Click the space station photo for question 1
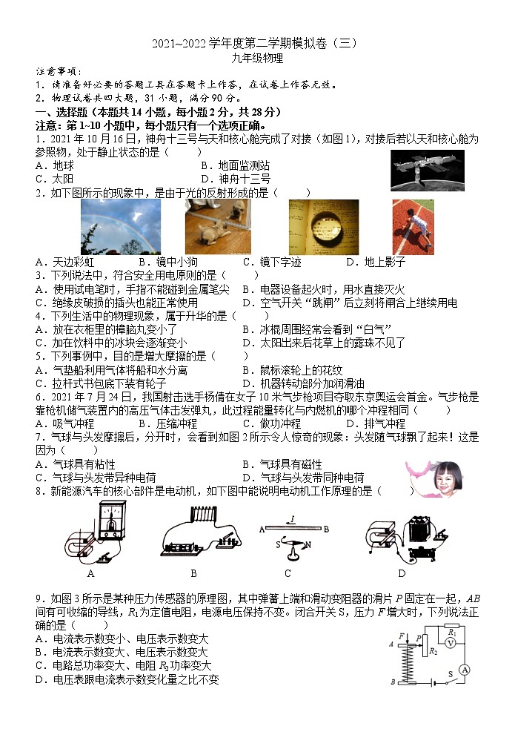pos(427,170)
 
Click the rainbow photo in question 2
pos(120,227)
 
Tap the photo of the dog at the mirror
pos(219,227)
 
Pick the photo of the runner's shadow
pos(413,227)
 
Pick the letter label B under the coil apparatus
pos(193,573)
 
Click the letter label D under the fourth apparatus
pos(402,573)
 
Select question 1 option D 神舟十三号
pos(236,179)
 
